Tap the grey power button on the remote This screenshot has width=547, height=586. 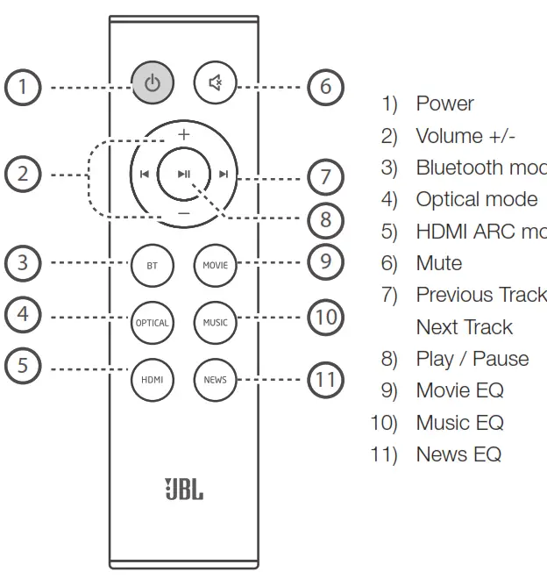coord(153,84)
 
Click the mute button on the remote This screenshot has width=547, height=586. coord(215,84)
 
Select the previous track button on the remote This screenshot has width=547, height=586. coord(144,174)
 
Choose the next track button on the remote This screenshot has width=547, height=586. coord(224,174)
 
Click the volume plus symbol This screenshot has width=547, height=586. coord(183,134)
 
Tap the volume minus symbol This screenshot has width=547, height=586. coord(183,213)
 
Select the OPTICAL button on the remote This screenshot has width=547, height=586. coord(153,323)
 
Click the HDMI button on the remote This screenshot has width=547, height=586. coord(153,380)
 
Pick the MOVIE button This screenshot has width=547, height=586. coord(215,265)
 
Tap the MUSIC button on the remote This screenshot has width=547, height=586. coord(215,323)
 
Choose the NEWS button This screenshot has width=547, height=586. coord(215,380)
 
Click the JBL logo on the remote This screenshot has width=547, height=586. coord(183,489)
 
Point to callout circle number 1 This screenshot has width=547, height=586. coord(23,87)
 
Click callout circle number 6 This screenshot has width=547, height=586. coord(325,87)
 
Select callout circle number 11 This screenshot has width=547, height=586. coord(325,379)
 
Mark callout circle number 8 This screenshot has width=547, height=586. coord(325,218)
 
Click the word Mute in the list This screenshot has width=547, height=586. coord(438,263)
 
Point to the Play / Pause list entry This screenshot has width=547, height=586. coord(472,359)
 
